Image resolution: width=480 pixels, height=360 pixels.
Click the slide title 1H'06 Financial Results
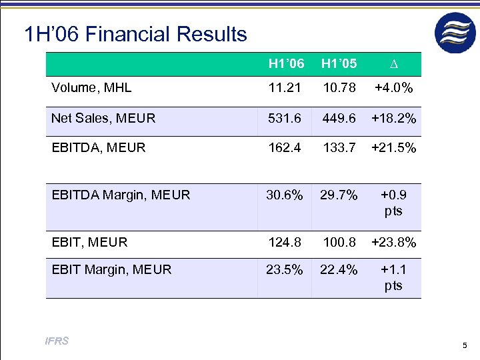[135, 34]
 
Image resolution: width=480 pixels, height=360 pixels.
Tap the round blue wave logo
[455, 33]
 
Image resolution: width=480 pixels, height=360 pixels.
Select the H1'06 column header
[286, 65]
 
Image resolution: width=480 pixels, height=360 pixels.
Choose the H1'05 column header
[339, 65]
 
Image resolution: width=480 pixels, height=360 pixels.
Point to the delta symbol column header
[393, 65]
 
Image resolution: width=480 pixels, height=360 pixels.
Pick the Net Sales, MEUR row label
[103, 119]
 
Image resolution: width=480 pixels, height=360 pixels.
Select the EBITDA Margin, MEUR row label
[121, 195]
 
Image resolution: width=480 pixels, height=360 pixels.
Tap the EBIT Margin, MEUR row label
[111, 270]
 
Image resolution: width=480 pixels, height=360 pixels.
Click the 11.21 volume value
[285, 88]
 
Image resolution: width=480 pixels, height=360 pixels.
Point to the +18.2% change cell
[393, 119]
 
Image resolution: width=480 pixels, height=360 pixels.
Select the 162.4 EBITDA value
[285, 148]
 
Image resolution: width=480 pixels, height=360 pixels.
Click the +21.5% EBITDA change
[393, 148]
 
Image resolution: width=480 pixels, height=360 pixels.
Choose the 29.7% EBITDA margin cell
[339, 195]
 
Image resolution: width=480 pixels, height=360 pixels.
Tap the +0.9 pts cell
[393, 203]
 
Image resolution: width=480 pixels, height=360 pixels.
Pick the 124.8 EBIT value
[285, 243]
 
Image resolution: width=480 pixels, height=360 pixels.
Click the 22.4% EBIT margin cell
[339, 270]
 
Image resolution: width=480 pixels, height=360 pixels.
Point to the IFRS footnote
[57, 342]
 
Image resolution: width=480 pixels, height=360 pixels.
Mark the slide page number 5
[464, 345]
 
